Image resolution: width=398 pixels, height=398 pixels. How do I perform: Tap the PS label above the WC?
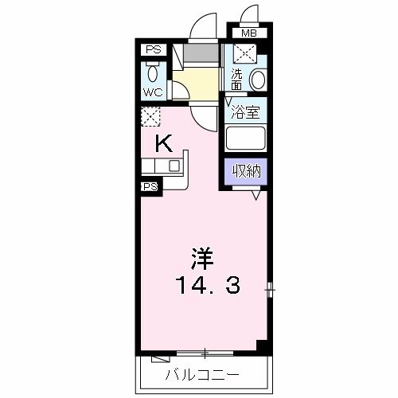tap(153, 50)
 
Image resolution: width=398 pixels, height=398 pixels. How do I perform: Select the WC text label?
tap(154, 92)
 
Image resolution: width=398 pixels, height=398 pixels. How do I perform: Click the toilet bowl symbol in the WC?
tap(154, 73)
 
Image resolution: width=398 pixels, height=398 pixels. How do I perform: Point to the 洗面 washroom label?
tap(236, 78)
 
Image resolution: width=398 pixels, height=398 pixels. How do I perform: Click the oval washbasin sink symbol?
tap(257, 80)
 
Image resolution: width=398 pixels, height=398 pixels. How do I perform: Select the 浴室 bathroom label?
tap(245, 112)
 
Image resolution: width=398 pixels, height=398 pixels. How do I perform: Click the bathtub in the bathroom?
tap(245, 139)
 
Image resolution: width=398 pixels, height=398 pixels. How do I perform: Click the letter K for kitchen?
tap(163, 143)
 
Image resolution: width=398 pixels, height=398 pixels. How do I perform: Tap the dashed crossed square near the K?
tap(151, 116)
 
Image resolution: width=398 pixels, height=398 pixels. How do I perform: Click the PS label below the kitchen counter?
tap(150, 187)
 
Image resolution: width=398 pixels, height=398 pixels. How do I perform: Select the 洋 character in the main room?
tap(201, 259)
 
